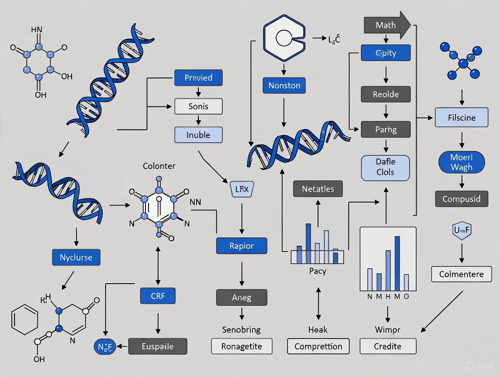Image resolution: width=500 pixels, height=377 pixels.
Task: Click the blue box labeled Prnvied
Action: pos(198,77)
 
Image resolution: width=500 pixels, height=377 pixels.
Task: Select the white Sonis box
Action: pos(198,106)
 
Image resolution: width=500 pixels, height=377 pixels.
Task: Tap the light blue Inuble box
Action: pos(198,135)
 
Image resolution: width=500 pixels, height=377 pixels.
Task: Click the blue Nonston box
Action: pos(284,85)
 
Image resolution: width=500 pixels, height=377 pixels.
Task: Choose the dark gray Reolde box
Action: pos(386,94)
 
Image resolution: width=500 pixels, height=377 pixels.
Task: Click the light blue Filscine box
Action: pos(462,117)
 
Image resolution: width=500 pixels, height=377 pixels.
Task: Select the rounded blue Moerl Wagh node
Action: pos(462,162)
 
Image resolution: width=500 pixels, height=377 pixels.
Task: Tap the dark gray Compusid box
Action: pos(462,198)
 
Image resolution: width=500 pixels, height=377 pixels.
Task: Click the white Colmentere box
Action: pos(462,274)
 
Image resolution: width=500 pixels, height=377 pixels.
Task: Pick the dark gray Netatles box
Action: pos(318,188)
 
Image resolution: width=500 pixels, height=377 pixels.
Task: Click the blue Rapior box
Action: pos(242,246)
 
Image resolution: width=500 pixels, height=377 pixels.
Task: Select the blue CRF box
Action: pos(158,296)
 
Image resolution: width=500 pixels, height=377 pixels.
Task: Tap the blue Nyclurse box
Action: pos(76,257)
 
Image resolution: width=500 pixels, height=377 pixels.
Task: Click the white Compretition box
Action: pos(318,346)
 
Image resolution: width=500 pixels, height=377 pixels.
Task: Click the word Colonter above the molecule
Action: pos(159,166)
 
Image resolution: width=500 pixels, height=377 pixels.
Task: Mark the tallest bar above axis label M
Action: pos(397,263)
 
